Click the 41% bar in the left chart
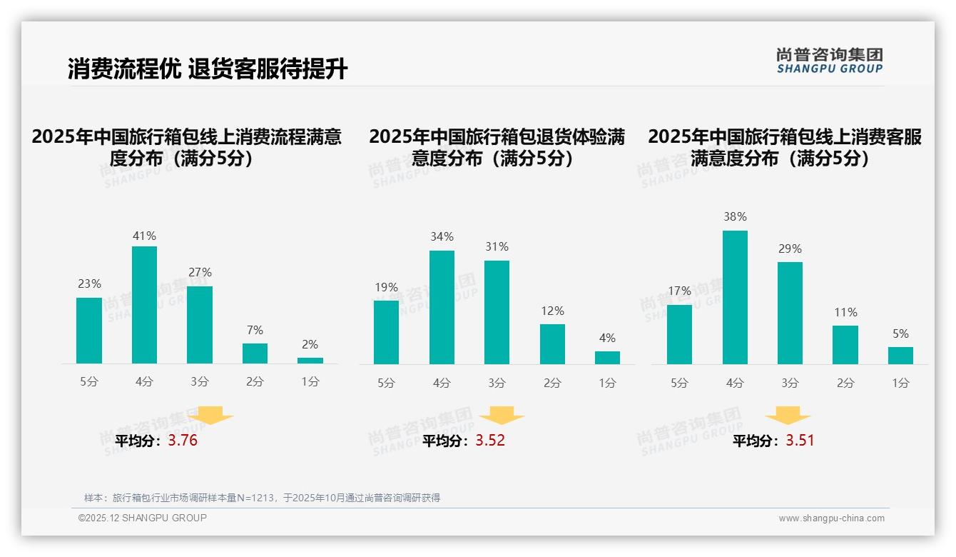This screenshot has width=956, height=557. (145, 305)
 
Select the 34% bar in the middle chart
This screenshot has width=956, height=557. (442, 307)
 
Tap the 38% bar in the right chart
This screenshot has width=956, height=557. (735, 297)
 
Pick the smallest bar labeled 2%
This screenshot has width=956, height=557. (310, 361)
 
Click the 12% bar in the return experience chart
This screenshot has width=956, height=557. (552, 344)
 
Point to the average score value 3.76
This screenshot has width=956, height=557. (183, 441)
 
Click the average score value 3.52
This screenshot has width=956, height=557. (490, 441)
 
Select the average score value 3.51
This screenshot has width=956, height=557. (800, 441)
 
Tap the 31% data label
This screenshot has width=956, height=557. (497, 247)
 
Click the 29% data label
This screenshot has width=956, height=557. (790, 249)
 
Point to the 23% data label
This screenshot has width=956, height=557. (89, 284)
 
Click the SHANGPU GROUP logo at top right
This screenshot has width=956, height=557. (829, 61)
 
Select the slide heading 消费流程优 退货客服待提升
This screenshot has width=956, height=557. (208, 69)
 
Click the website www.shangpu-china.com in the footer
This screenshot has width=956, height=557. (831, 518)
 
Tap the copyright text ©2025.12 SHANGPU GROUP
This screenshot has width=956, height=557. (143, 518)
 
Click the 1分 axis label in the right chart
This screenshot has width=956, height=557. (900, 383)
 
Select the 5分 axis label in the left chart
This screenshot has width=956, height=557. (89, 382)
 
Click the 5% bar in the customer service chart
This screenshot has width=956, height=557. (900, 356)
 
